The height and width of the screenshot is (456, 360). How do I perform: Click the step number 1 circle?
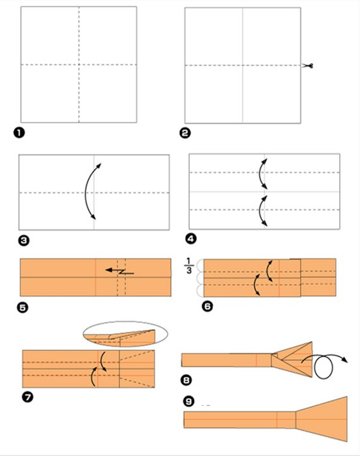coord(19,133)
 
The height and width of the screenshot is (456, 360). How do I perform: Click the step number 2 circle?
coord(185,133)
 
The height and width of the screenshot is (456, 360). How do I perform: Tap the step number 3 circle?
coord(24,240)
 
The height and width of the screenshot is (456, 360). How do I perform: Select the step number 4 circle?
coord(191,238)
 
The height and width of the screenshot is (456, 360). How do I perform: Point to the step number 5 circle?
coord(23,307)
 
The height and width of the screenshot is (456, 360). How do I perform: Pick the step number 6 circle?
coord(207,306)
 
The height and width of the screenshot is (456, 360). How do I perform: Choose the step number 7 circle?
coord(27,397)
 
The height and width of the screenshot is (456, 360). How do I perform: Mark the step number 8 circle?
coord(187,380)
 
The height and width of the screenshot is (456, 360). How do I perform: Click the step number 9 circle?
coord(189,402)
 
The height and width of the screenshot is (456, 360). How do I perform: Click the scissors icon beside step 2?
coord(308,66)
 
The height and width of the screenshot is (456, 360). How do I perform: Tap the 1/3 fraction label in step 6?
coord(189,265)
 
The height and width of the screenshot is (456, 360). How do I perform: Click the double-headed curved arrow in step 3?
coord(86,191)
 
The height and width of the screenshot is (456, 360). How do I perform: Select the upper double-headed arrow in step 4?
coord(260,174)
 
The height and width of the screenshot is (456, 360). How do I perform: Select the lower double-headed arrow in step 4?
coord(260,211)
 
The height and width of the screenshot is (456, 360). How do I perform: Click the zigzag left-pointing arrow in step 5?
coord(119,272)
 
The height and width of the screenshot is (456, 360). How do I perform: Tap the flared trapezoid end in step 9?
coord(321,419)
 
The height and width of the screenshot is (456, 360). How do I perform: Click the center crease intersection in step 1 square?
coord(79,65)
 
